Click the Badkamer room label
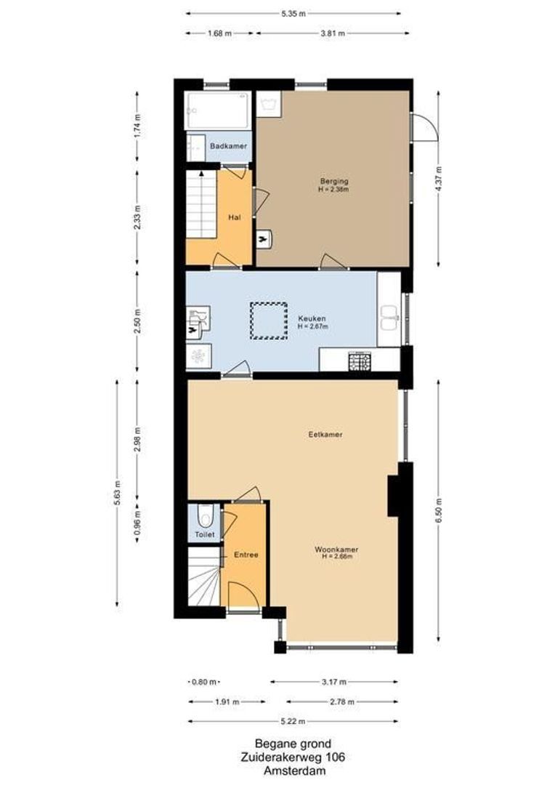(228, 147)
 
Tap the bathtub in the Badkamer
(217, 110)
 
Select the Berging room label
(334, 182)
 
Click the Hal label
(234, 217)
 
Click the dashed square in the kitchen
(269, 321)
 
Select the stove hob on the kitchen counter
(360, 361)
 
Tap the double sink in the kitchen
(390, 315)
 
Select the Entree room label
(246, 555)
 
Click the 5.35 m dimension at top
(293, 13)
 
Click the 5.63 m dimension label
(118, 492)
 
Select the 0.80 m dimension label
(203, 682)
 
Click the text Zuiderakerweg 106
(293, 757)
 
